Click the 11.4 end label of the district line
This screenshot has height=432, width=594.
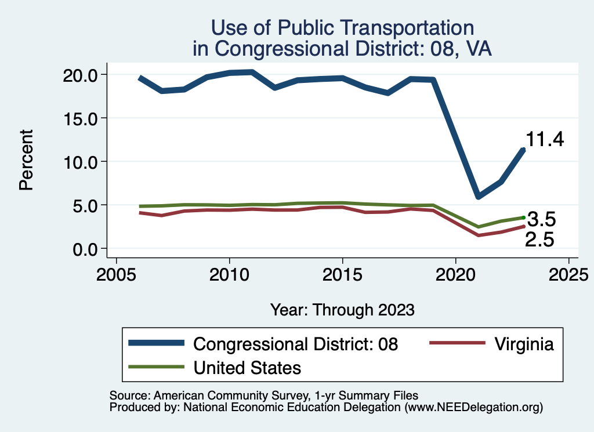pos(545,140)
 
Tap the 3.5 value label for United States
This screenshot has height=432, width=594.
pos(542,220)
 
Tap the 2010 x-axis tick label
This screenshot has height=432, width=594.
pos(229,273)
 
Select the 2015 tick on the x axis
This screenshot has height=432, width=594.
pos(342,273)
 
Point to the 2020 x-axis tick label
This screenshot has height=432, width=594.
pos(455,273)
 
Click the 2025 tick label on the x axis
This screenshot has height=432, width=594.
pos(568,273)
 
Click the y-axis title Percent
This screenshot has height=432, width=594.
pos(26,160)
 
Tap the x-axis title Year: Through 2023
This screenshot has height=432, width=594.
pos(342,310)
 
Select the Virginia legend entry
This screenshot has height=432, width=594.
pos(524,344)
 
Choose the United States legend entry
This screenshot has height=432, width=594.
pos(247,367)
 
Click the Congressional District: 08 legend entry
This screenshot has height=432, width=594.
pos(295,344)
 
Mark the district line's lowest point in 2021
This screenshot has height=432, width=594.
pos(478,196)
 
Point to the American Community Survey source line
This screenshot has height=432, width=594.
pos(264,396)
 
